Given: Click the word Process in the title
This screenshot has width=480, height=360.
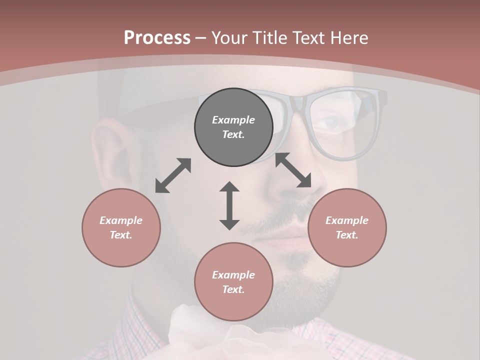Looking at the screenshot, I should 157,38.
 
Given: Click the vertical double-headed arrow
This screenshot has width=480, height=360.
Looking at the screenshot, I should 229,205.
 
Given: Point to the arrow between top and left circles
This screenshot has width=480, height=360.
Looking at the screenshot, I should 173,175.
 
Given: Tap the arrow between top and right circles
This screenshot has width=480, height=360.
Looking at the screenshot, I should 293,170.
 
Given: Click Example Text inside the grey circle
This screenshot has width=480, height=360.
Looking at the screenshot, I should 233,127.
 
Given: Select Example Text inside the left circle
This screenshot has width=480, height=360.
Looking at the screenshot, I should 121,227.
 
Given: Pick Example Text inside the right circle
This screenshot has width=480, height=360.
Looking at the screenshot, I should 347,227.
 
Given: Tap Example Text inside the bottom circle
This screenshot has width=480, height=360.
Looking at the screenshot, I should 233,282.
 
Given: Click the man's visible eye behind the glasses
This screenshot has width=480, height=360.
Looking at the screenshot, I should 336,123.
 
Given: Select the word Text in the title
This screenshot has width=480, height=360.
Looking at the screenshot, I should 306,38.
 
